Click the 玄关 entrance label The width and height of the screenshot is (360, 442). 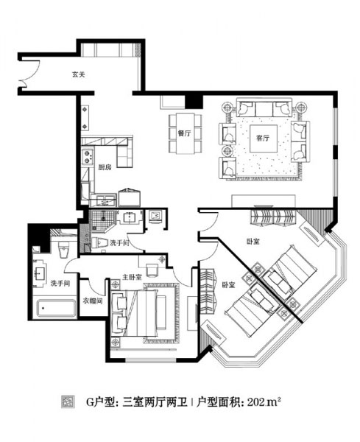click(x=78, y=74)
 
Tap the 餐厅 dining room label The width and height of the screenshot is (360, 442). click(x=184, y=133)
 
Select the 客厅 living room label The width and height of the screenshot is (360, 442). click(x=263, y=138)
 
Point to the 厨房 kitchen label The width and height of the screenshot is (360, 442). click(x=105, y=167)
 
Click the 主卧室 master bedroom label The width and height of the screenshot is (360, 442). click(x=132, y=277)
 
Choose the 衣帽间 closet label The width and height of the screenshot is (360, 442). click(x=93, y=301)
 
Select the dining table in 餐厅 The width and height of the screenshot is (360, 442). click(x=185, y=133)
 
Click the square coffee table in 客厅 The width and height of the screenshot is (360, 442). click(x=264, y=138)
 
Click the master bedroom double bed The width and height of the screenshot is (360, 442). click(x=141, y=313)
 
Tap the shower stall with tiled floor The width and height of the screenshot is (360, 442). click(x=102, y=220)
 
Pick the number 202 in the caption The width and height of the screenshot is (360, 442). click(x=255, y=401)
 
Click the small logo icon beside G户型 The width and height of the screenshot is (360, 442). click(x=68, y=402)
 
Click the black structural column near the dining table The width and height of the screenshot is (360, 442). click(x=194, y=102)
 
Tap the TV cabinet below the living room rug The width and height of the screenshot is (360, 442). click(x=264, y=201)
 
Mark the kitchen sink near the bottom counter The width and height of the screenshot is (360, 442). click(x=102, y=200)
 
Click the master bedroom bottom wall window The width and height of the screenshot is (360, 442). click(x=151, y=360)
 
